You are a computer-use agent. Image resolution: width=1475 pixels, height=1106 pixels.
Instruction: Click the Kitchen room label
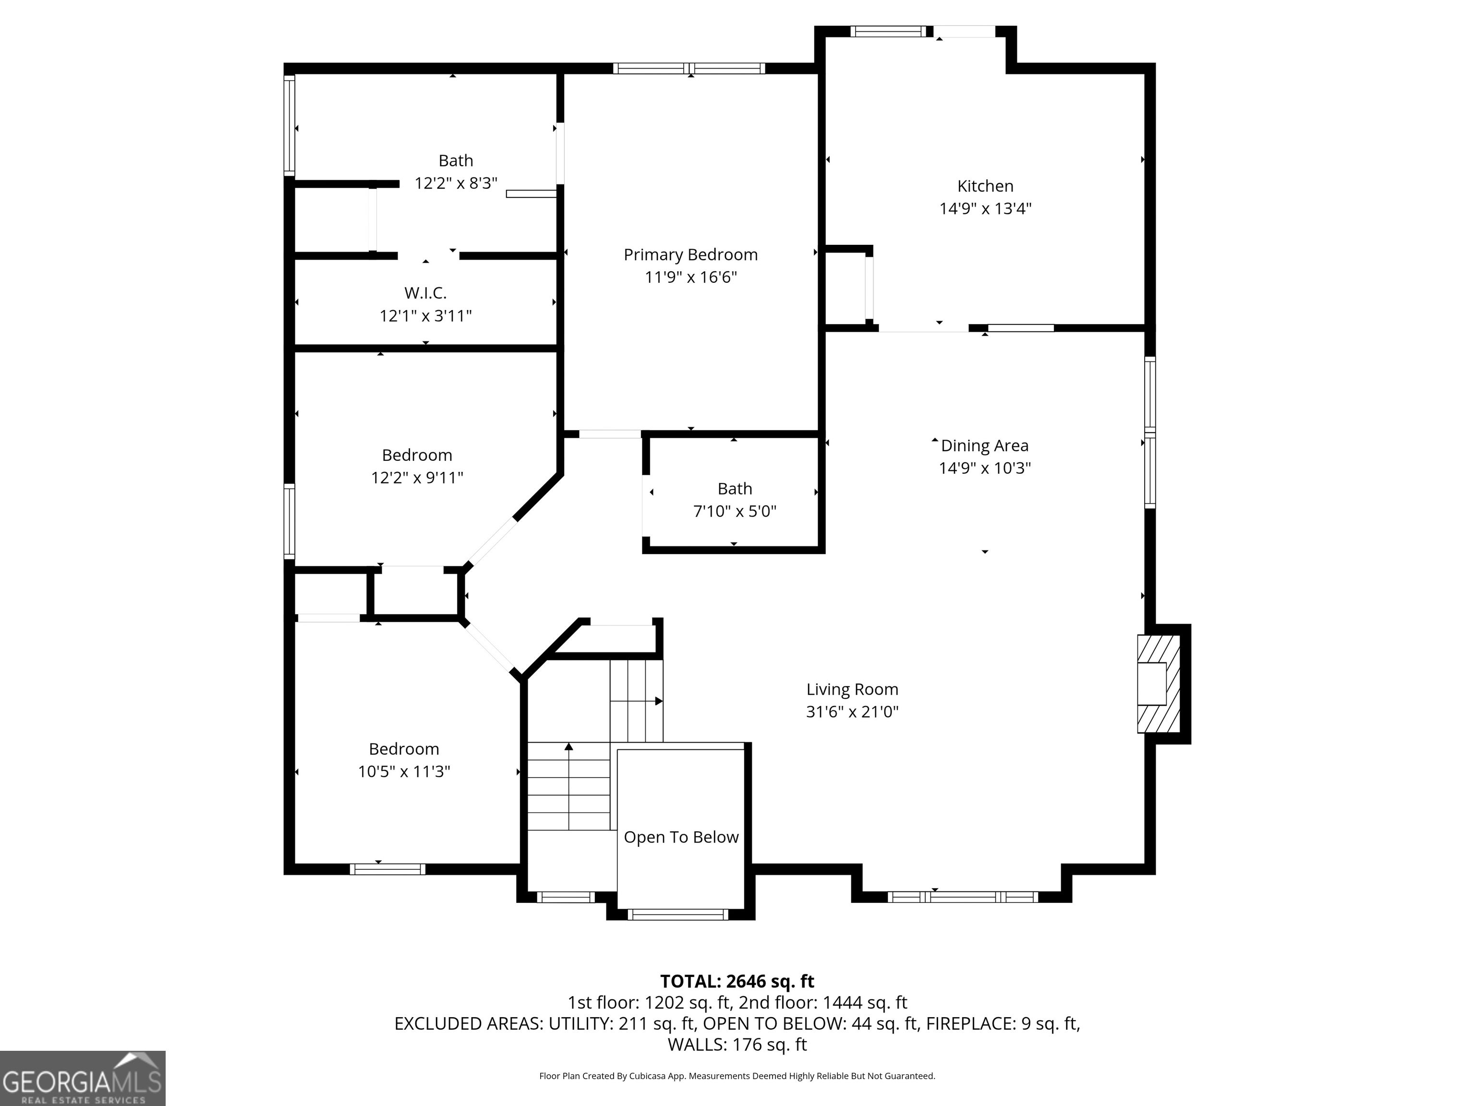[x=985, y=186]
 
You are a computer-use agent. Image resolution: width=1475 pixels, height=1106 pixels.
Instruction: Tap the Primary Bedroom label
[x=690, y=255]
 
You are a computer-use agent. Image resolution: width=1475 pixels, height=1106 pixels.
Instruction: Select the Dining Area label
[x=984, y=445]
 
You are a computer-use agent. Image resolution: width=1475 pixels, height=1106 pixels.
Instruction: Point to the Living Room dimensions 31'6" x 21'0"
[x=852, y=711]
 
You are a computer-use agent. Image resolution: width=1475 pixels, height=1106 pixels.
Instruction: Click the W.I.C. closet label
[x=425, y=293]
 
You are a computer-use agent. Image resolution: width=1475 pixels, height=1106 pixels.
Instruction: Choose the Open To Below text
[x=681, y=837]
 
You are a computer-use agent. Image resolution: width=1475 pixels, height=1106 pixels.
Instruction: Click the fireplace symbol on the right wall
[x=1159, y=684]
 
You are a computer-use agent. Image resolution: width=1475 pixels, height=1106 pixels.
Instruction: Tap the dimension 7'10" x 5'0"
[x=735, y=511]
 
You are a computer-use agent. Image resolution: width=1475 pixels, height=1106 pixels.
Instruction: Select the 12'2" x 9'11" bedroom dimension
[x=417, y=477]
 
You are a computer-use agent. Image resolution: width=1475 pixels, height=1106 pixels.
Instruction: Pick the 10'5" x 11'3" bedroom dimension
[x=404, y=771]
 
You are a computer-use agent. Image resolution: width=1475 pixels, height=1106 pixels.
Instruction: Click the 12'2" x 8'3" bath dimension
[x=456, y=183]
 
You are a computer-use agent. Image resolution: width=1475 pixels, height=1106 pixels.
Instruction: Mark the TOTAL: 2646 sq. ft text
[x=737, y=981]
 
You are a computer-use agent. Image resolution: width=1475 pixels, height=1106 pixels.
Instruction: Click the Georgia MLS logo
[x=83, y=1079]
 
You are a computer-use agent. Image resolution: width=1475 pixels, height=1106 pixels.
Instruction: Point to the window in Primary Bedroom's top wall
[x=689, y=68]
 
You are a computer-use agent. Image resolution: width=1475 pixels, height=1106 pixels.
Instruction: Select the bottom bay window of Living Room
[x=962, y=897]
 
